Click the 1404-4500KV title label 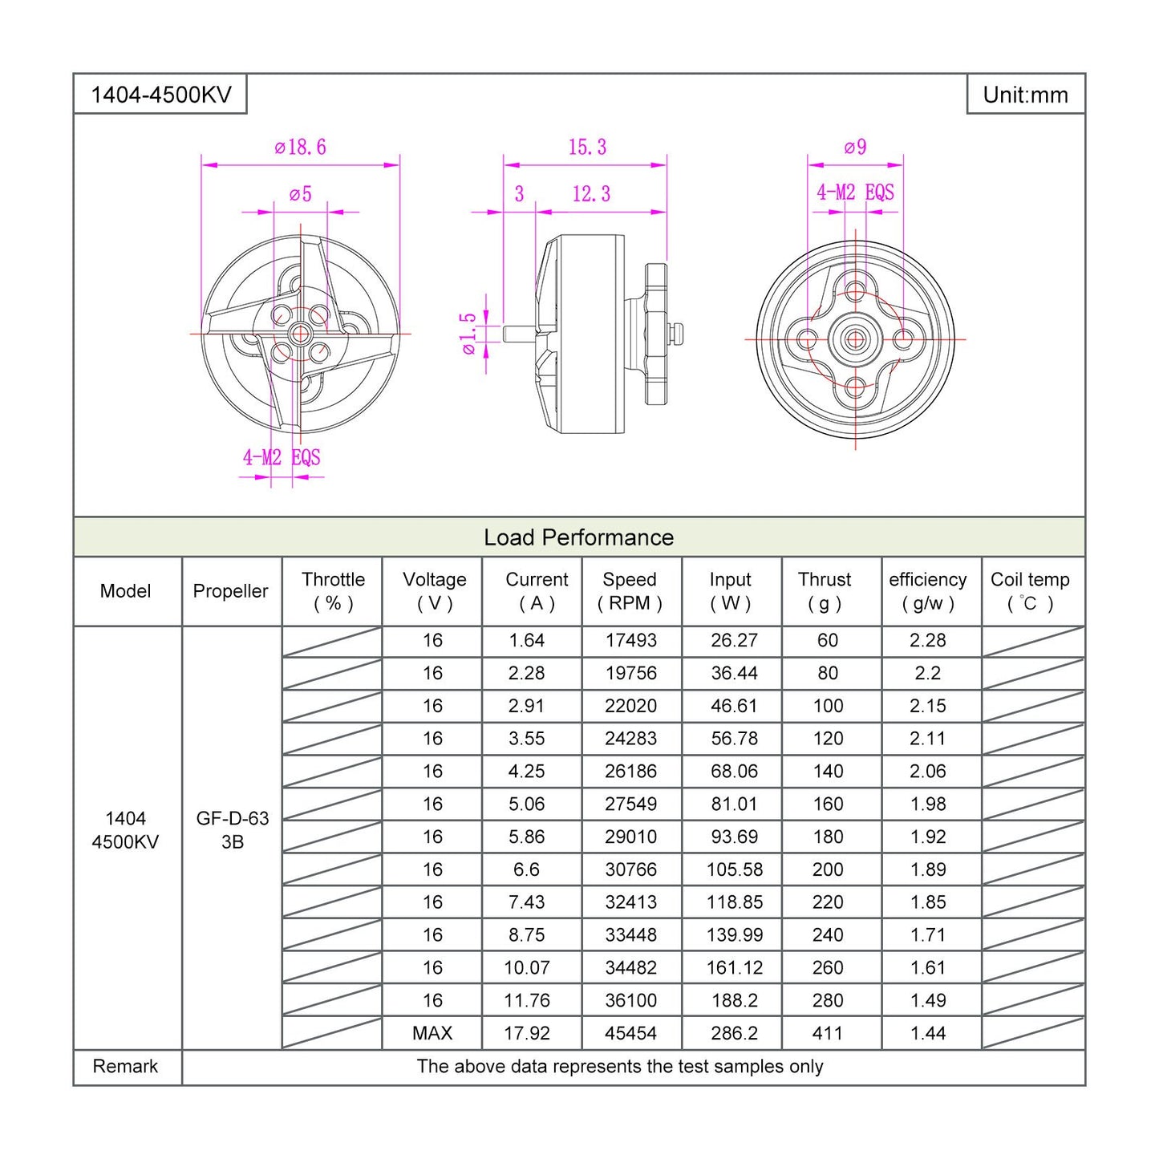point(160,95)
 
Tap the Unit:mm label point(1025,95)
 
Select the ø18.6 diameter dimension point(300,148)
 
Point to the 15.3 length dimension point(587,148)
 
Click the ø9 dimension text point(855,148)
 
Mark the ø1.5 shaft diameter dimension point(468,334)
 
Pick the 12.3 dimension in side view point(591,194)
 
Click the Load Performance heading point(578,537)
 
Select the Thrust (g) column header point(825,591)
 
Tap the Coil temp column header point(1030,591)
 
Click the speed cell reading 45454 point(630,1033)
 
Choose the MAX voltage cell point(432,1033)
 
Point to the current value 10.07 point(527,968)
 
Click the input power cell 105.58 point(734,869)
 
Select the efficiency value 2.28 point(928,641)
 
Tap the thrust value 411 point(828,1033)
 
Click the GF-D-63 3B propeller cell point(233,830)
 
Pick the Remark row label point(125,1067)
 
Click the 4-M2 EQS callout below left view point(282,457)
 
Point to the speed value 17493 point(630,641)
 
